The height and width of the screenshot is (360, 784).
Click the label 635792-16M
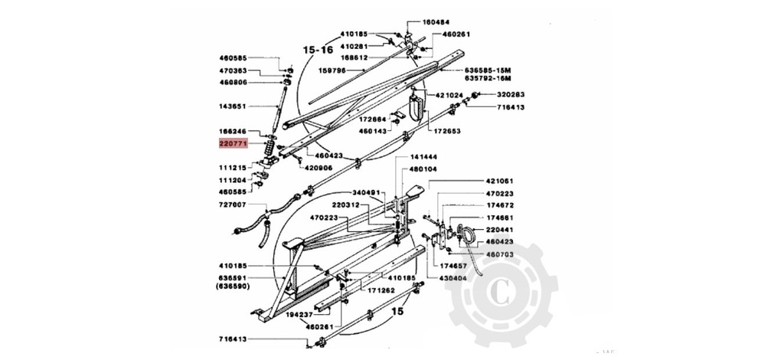(x=493, y=78)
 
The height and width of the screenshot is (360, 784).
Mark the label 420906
(x=318, y=168)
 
